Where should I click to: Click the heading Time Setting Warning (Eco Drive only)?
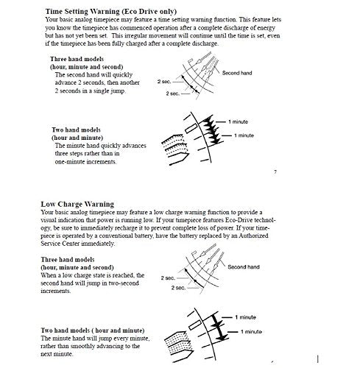click(111, 12)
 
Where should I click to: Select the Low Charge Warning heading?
click(77, 204)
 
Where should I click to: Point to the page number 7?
click(275, 172)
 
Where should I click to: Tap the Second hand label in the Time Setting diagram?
click(237, 73)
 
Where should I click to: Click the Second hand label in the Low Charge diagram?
click(244, 267)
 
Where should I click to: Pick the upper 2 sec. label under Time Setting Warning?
click(164, 82)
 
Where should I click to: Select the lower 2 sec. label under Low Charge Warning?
click(178, 288)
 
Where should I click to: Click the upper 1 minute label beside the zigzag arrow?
click(238, 121)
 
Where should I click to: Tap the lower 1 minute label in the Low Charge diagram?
click(251, 332)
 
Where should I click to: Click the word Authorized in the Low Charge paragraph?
click(253, 236)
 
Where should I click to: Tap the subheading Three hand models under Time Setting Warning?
click(77, 59)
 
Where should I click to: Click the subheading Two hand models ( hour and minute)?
click(93, 330)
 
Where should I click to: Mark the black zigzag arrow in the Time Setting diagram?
click(211, 130)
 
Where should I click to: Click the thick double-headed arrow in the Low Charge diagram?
click(219, 327)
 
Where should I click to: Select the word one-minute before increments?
click(70, 162)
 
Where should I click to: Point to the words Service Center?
click(60, 244)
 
